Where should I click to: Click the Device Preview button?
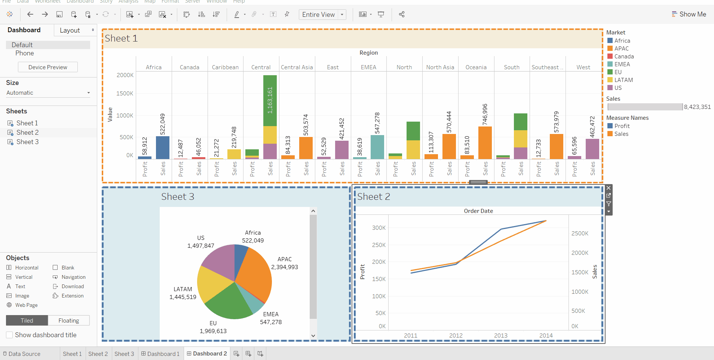(48, 67)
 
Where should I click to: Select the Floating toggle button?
(69, 321)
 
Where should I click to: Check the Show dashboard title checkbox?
(10, 335)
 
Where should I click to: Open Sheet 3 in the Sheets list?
(27, 142)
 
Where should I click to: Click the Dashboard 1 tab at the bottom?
(160, 354)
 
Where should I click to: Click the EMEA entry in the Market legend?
(622, 64)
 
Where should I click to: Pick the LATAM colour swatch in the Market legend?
(610, 80)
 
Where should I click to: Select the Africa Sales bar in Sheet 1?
(163, 148)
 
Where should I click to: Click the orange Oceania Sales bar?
(485, 143)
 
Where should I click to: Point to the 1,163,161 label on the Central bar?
(270, 100)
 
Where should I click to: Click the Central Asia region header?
(297, 67)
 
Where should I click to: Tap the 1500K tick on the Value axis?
(125, 94)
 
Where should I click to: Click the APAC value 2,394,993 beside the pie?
(285, 267)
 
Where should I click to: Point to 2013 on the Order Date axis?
(501, 335)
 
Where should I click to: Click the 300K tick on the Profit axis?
(379, 228)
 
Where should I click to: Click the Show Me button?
(689, 14)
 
